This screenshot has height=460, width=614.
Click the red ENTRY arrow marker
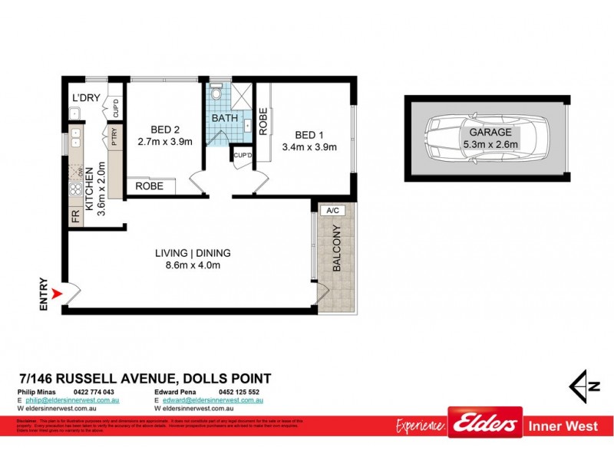pos(55,292)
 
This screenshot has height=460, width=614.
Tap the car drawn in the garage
pos(485,138)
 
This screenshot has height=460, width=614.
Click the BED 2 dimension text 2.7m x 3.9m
pos(164,142)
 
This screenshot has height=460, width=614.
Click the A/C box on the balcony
pos(333,210)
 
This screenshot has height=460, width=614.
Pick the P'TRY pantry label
pos(114,140)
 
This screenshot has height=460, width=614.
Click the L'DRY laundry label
pos(83,98)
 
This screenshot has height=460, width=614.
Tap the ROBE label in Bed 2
pos(149,186)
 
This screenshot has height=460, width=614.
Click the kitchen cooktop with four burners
pos(76,189)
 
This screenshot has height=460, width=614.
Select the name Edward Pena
pos(176,392)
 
